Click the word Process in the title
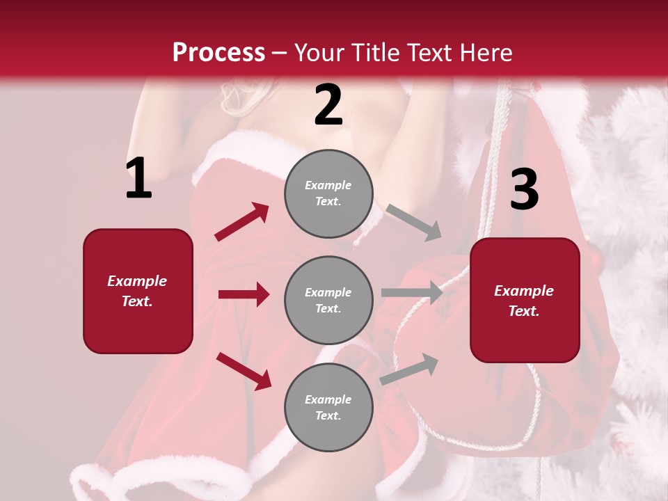tap(218, 53)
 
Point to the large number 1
tap(138, 179)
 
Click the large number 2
tap(328, 105)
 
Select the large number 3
tap(524, 189)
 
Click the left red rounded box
tap(138, 291)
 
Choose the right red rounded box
tap(525, 300)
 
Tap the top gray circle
tap(328, 193)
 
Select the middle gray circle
tap(328, 300)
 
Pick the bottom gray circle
tap(328, 407)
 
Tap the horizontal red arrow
tap(244, 294)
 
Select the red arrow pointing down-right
tap(244, 370)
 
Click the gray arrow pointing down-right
tap(413, 222)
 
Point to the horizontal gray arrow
tap(412, 293)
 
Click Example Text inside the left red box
tap(137, 291)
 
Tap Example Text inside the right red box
tap(524, 301)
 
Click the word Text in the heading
tap(429, 53)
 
